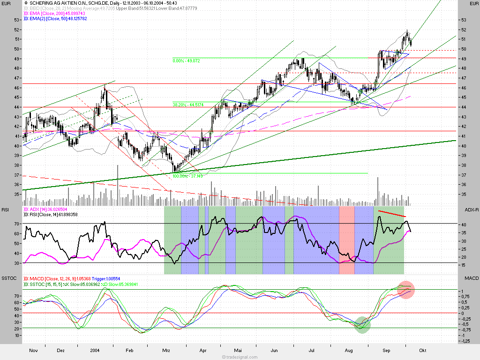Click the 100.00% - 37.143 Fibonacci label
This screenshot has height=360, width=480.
(x=187, y=176)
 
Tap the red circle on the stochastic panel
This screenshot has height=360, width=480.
(x=406, y=290)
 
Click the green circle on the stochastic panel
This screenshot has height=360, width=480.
(x=362, y=324)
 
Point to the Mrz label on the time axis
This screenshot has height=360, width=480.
(x=166, y=350)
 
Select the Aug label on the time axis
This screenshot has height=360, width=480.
(x=349, y=350)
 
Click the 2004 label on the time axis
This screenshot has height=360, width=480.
(x=95, y=350)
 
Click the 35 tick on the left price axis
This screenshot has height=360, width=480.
(x=16, y=195)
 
